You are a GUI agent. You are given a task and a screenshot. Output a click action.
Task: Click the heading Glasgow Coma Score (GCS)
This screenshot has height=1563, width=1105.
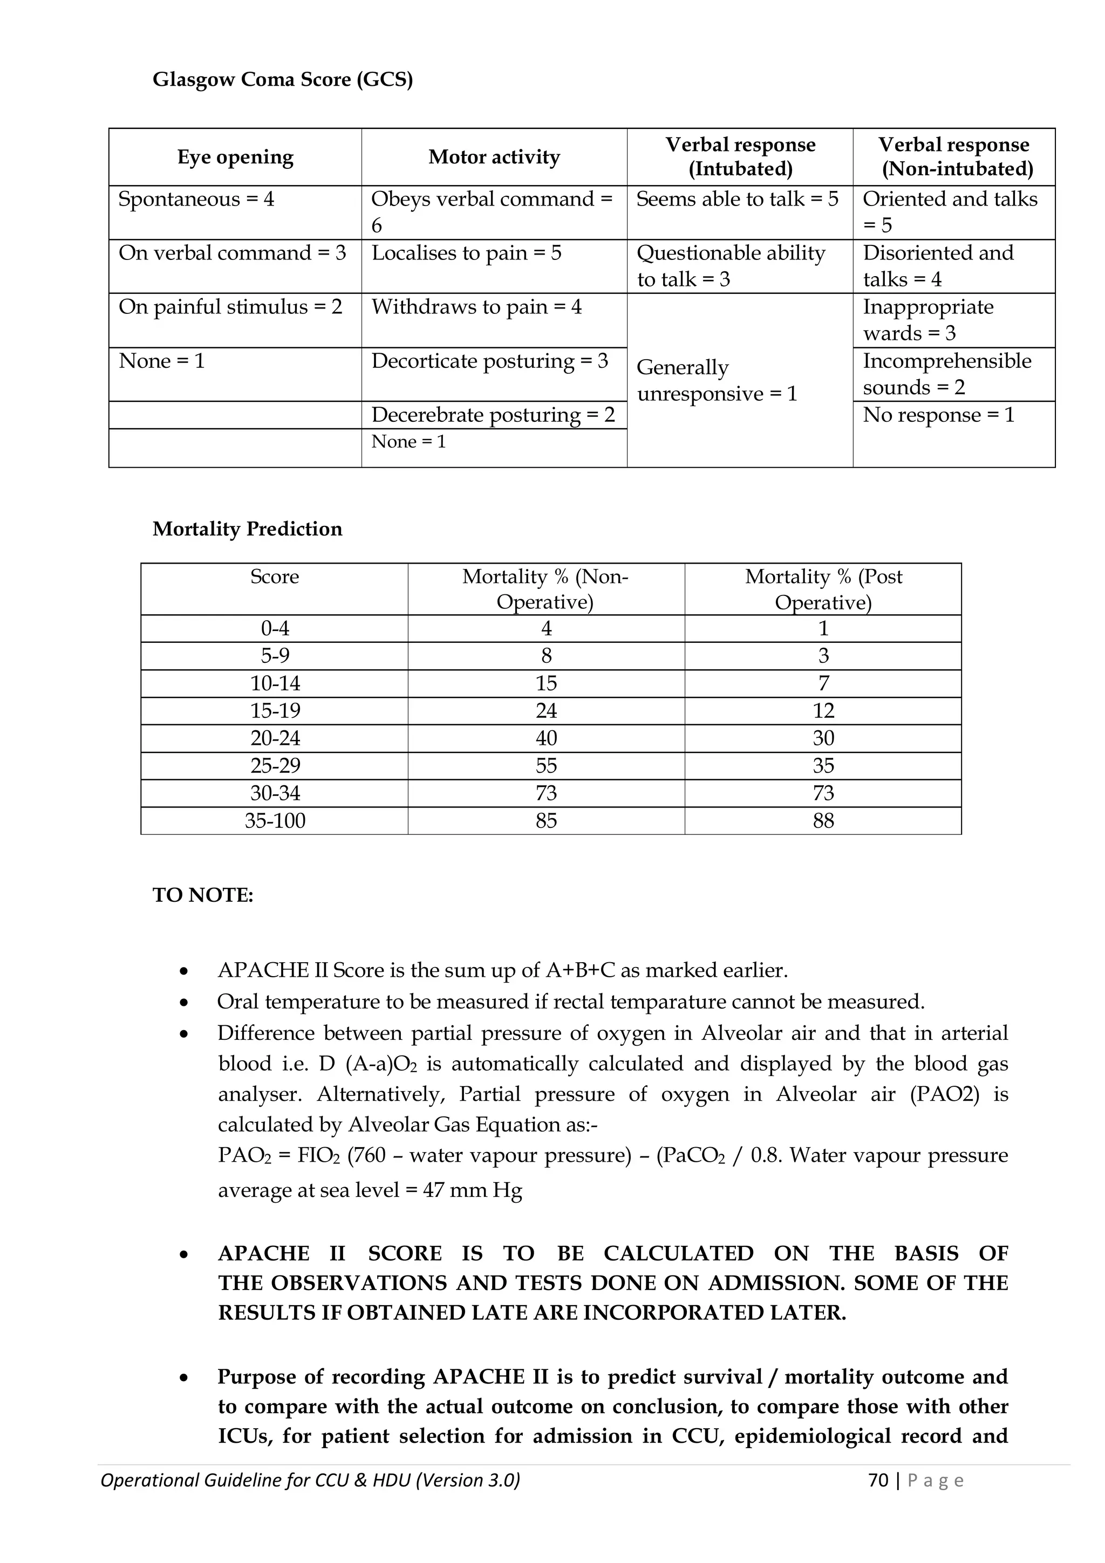pyautogui.click(x=283, y=80)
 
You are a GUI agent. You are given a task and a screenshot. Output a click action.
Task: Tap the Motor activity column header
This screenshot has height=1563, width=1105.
pyautogui.click(x=494, y=157)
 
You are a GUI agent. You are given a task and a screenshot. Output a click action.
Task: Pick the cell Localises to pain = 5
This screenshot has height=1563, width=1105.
pyautogui.click(x=466, y=253)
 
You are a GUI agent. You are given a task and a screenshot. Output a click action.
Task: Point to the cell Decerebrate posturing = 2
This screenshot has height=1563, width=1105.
pyautogui.click(x=493, y=415)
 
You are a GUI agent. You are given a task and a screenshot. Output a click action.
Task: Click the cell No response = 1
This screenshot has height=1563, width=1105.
pyautogui.click(x=938, y=415)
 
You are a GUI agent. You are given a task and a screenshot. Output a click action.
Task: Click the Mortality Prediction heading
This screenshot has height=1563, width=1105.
pyautogui.click(x=247, y=529)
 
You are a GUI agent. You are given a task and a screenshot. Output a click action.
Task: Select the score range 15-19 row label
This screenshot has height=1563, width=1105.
pyautogui.click(x=275, y=711)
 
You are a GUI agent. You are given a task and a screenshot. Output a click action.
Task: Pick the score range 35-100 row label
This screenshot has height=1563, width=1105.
pyautogui.click(x=275, y=820)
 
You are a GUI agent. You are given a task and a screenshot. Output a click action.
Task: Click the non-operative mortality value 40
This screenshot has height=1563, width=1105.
pyautogui.click(x=546, y=738)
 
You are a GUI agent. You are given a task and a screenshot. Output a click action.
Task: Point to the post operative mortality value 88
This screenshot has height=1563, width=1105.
pyautogui.click(x=823, y=820)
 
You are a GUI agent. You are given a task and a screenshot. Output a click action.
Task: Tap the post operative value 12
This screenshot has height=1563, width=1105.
pyautogui.click(x=823, y=711)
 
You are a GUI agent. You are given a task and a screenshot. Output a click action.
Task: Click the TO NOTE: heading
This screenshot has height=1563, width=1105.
pyautogui.click(x=203, y=895)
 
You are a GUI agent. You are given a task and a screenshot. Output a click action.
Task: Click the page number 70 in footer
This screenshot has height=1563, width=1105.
pyautogui.click(x=879, y=1480)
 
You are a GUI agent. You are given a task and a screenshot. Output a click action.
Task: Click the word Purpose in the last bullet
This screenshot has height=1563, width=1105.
pyautogui.click(x=255, y=1376)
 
